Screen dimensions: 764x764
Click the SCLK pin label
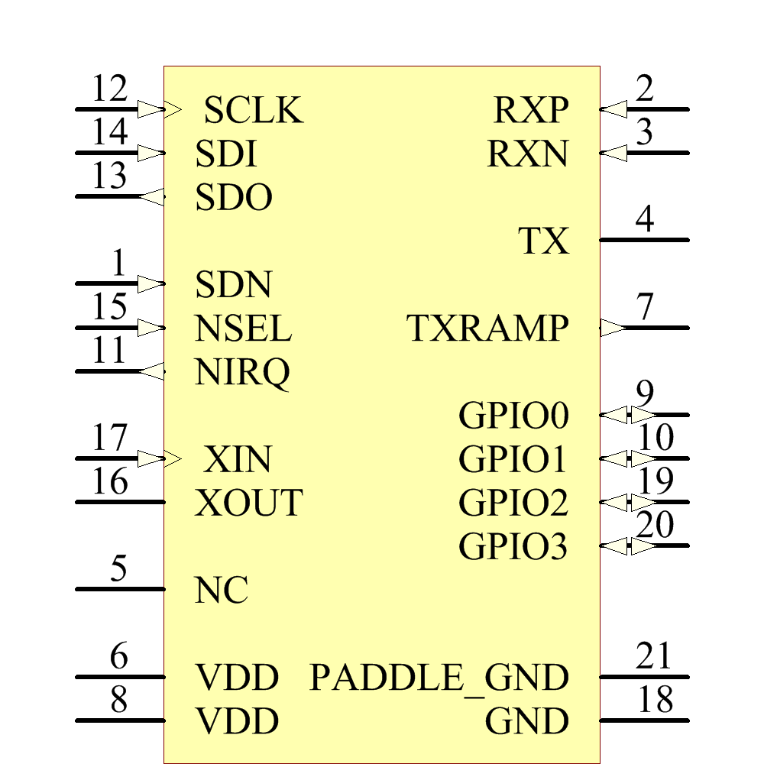click(x=254, y=111)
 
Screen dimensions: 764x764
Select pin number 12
click(x=109, y=90)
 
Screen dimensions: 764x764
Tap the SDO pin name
click(x=234, y=199)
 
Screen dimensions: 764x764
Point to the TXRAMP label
click(x=488, y=329)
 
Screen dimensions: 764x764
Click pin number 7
click(x=646, y=308)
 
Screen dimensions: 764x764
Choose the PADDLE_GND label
click(x=439, y=678)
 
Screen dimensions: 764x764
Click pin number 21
click(x=653, y=657)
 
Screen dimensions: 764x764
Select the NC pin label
click(x=222, y=591)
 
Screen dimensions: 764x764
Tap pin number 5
click(x=118, y=570)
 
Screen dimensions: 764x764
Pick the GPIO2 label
click(x=513, y=503)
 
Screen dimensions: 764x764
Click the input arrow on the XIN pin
click(x=151, y=459)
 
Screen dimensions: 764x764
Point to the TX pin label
click(x=544, y=241)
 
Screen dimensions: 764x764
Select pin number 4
click(x=646, y=221)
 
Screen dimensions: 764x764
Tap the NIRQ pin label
click(x=243, y=373)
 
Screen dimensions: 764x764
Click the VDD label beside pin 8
click(x=237, y=721)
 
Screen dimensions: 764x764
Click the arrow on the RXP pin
click(x=613, y=110)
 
